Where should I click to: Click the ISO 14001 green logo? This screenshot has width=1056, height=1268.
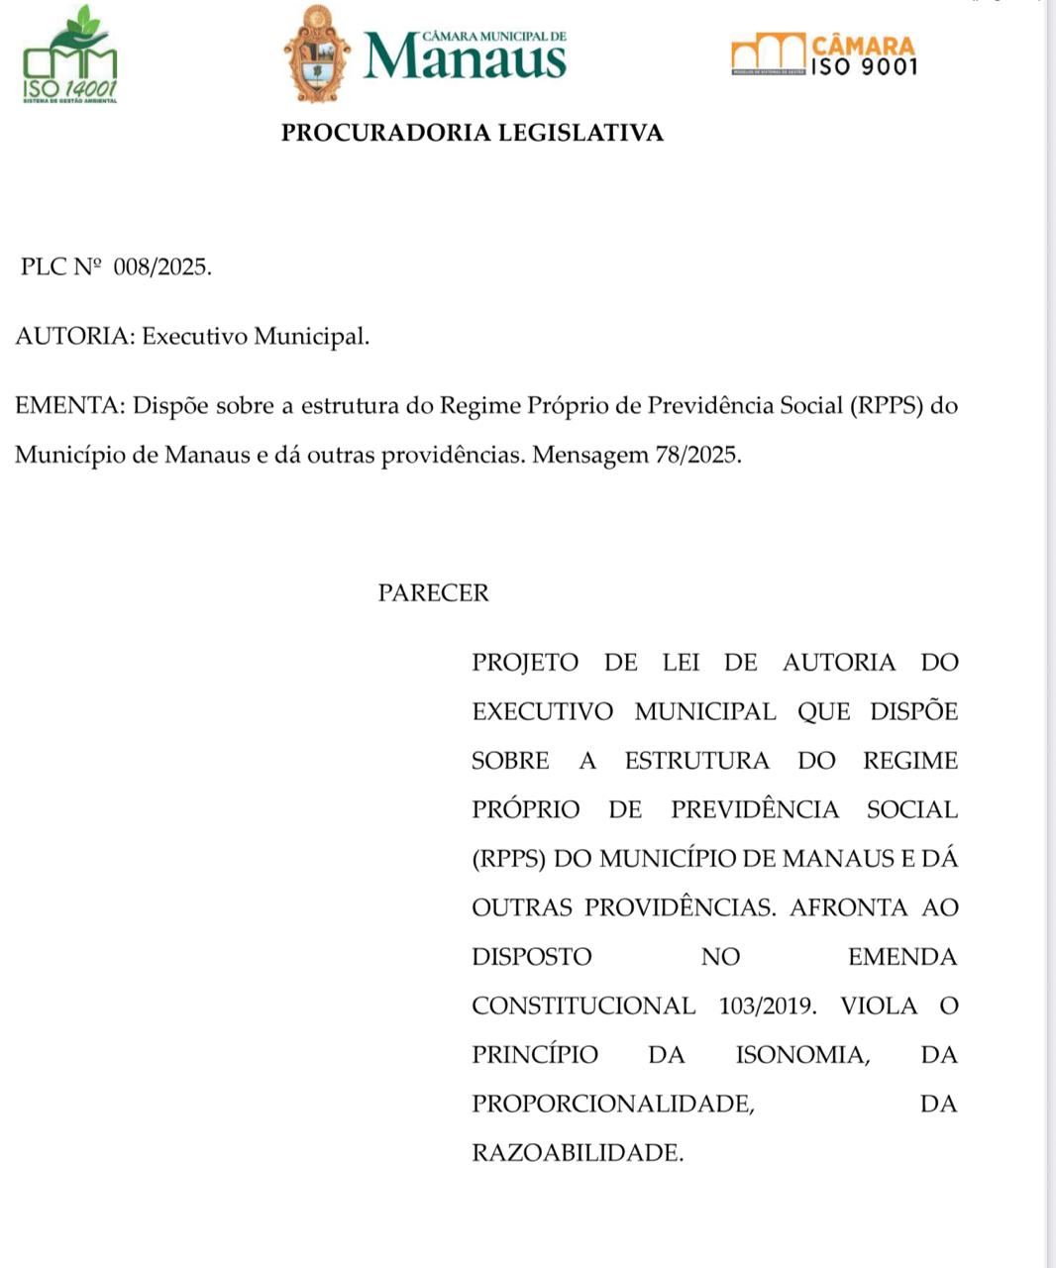click(x=69, y=55)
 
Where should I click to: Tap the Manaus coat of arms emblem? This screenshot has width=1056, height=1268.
click(x=317, y=54)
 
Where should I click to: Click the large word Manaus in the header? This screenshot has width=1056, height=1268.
click(x=465, y=58)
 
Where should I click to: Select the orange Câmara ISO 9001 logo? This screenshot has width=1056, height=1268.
click(x=824, y=55)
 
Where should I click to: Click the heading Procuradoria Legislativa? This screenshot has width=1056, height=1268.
click(x=472, y=133)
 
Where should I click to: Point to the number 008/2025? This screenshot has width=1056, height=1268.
click(x=162, y=267)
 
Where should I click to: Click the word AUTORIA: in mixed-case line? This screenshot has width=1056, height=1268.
click(x=75, y=337)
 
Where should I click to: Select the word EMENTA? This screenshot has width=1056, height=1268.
click(x=70, y=406)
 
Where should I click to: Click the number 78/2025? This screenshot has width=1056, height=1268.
click(x=697, y=456)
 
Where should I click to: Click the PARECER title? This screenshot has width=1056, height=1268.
click(x=433, y=593)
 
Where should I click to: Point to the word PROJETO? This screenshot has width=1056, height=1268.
click(x=525, y=663)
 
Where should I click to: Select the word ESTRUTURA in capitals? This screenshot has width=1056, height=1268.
click(x=696, y=761)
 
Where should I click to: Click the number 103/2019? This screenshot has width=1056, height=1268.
click(x=769, y=1006)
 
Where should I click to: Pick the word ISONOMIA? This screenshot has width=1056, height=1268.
click(x=803, y=1055)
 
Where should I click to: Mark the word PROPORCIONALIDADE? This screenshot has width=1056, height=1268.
click(x=613, y=1104)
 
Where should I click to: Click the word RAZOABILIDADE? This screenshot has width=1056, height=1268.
click(x=578, y=1153)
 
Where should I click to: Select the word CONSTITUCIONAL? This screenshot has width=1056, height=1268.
click(x=583, y=1006)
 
